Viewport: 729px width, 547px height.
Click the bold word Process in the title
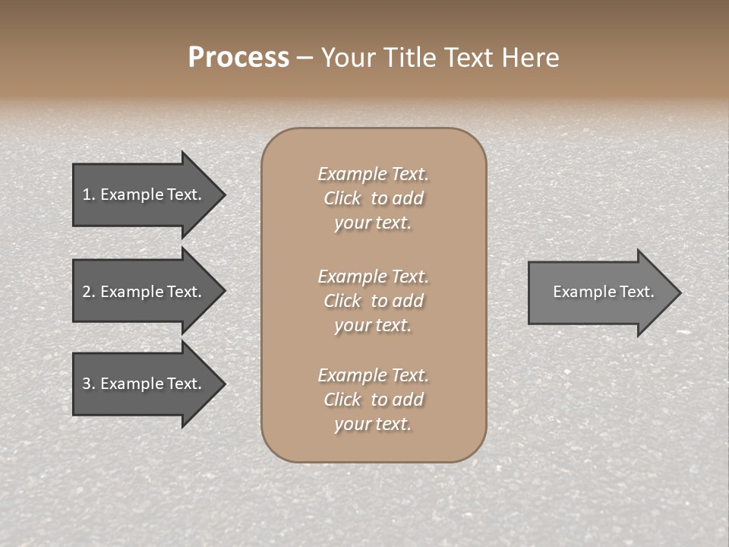coord(238,58)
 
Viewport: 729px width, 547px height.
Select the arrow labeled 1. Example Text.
coord(144,194)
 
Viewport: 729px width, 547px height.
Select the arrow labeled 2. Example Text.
coord(144,292)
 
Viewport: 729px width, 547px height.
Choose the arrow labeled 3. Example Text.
coord(144,384)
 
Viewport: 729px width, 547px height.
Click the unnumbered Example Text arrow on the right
coord(600,292)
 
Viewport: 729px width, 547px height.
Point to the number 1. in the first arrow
coord(89,194)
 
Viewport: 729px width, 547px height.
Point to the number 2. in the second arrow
coord(89,292)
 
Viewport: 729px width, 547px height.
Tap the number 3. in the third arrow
coord(89,384)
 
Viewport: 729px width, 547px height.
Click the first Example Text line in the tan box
coord(373,174)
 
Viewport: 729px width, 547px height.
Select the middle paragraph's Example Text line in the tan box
coord(373,276)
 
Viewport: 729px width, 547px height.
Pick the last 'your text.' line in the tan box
coord(373,424)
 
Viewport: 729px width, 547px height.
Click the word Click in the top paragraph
coord(342,198)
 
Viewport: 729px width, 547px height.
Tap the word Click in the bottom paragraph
coord(342,400)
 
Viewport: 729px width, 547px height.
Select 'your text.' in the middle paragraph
coord(373,325)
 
